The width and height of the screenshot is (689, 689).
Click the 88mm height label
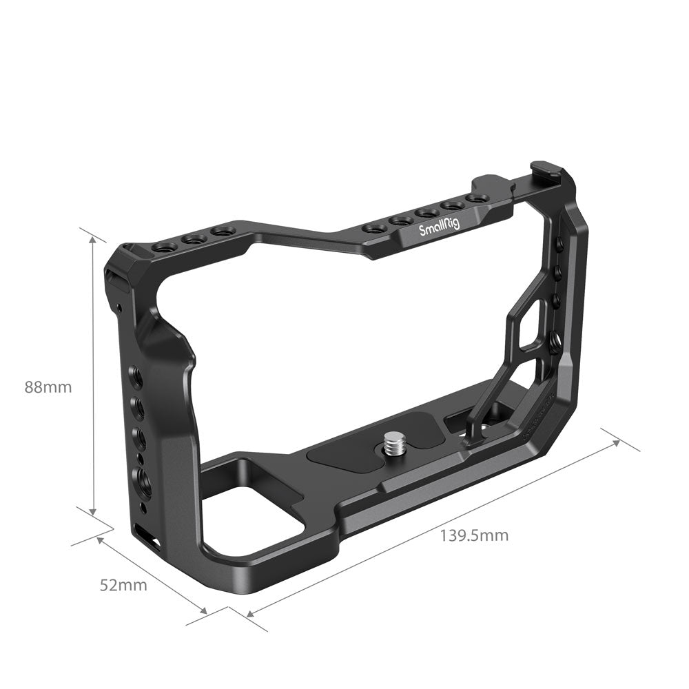[x=48, y=387]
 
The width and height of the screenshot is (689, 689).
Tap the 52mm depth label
[x=123, y=586]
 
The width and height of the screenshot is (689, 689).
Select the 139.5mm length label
[x=475, y=535]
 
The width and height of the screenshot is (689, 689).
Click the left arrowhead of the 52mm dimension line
[x=101, y=539]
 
